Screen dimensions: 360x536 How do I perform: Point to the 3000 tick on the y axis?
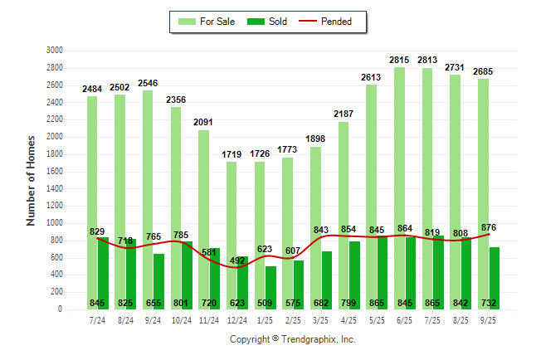click(x=56, y=50)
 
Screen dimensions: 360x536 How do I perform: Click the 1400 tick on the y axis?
click(x=56, y=188)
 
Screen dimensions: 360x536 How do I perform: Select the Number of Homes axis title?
click(x=31, y=180)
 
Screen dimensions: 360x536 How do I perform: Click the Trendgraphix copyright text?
click(x=292, y=339)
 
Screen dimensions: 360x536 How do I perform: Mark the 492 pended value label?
click(x=237, y=260)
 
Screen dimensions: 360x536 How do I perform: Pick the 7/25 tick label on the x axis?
click(x=433, y=319)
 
